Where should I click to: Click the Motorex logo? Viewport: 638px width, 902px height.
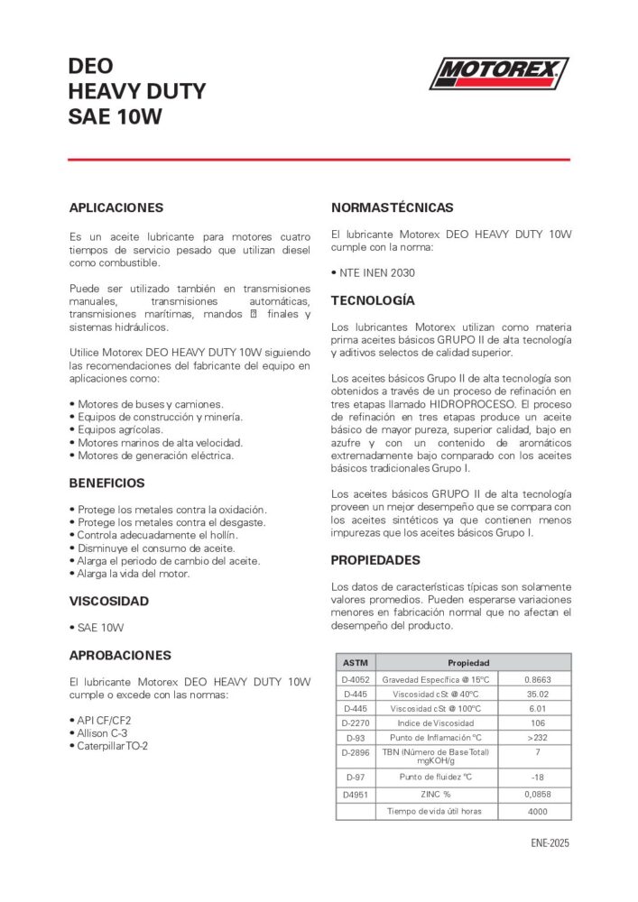point(498,73)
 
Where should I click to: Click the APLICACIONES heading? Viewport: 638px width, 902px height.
point(116,207)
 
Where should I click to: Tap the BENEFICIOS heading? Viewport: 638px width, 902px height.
point(106,483)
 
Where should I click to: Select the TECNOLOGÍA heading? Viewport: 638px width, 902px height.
point(373,300)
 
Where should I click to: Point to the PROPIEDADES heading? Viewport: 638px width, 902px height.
point(375,560)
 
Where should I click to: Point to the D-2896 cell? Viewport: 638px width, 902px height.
point(355,751)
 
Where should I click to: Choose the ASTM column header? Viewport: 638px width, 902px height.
point(355,663)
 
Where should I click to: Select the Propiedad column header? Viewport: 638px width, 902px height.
point(468,663)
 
